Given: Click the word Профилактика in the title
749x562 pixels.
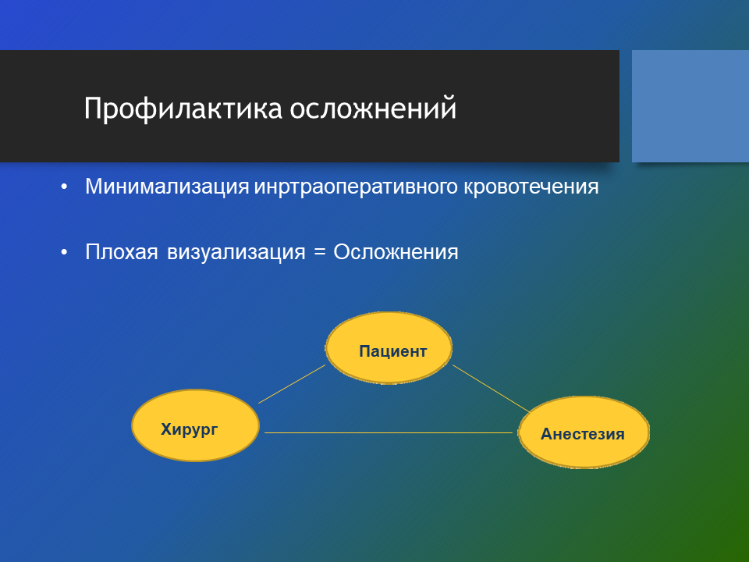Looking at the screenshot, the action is pyautogui.click(x=183, y=108).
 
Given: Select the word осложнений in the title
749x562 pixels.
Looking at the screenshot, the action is pyautogui.click(x=373, y=108).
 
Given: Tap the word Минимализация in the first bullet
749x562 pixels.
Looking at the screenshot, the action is pyautogui.click(x=167, y=187).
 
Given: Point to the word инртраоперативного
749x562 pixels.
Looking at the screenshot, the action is pyautogui.click(x=356, y=187).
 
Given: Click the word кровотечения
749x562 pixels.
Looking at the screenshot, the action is pyautogui.click(x=531, y=187).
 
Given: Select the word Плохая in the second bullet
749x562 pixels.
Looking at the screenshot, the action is pyautogui.click(x=122, y=252).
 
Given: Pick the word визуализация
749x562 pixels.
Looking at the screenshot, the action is pyautogui.click(x=236, y=252).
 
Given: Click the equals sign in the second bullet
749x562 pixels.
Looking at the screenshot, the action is pyautogui.click(x=319, y=252).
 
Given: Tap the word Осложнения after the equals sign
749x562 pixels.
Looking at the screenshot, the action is pyautogui.click(x=396, y=252).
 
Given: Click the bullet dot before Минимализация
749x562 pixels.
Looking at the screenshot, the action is pyautogui.click(x=65, y=187).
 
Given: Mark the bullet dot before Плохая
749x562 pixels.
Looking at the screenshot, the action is pyautogui.click(x=65, y=253).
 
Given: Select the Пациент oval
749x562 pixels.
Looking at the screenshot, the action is pyautogui.click(x=389, y=348).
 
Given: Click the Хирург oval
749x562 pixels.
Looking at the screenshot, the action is pyautogui.click(x=195, y=425).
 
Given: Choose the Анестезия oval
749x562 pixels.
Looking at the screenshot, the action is pyautogui.click(x=584, y=432).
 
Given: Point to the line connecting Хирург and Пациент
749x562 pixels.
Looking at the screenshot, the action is pyautogui.click(x=292, y=384).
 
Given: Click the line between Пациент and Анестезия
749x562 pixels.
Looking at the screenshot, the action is pyautogui.click(x=492, y=389).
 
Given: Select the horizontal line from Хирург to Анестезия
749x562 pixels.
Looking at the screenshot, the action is pyautogui.click(x=389, y=433).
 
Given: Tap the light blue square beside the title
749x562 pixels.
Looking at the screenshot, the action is pyautogui.click(x=690, y=106).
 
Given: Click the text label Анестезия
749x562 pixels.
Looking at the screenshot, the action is pyautogui.click(x=582, y=434).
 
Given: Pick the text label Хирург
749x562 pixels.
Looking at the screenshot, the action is pyautogui.click(x=189, y=429).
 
